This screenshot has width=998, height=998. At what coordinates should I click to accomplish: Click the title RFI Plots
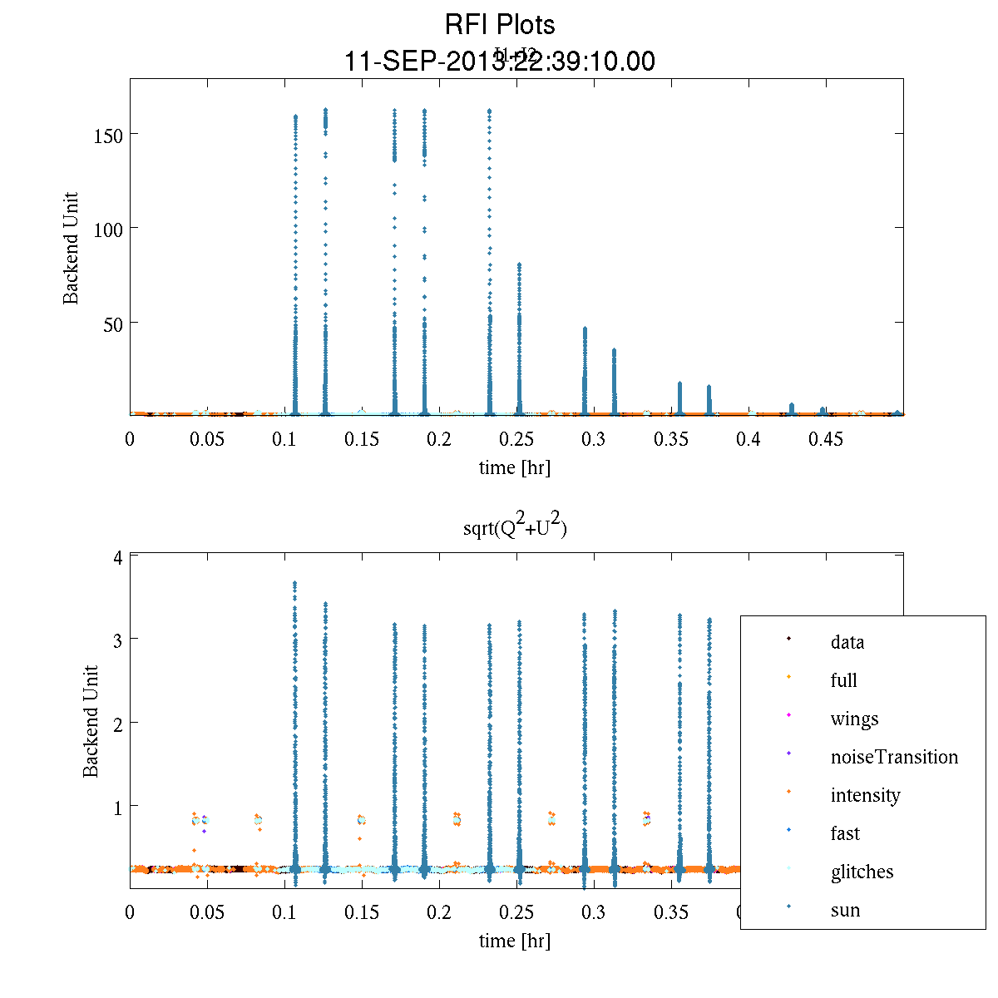click(499, 24)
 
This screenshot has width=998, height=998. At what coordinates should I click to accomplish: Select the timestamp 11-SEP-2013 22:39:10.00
click(499, 62)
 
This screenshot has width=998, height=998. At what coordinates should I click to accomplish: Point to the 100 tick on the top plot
click(108, 229)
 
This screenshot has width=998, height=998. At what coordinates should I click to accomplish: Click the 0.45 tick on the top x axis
click(826, 439)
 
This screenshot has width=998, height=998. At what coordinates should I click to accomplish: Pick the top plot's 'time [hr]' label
click(514, 467)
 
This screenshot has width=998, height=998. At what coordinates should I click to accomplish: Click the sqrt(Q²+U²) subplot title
click(515, 526)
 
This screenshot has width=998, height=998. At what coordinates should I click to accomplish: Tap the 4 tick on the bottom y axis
click(119, 557)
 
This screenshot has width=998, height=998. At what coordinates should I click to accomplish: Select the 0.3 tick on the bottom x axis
click(594, 912)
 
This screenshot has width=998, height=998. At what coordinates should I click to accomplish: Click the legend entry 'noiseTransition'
click(893, 757)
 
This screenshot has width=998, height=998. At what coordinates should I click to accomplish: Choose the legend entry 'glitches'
click(862, 872)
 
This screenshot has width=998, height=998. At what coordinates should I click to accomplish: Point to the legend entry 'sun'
click(845, 910)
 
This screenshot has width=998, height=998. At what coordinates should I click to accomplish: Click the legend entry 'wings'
click(854, 719)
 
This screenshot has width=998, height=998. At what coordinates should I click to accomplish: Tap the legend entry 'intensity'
click(865, 795)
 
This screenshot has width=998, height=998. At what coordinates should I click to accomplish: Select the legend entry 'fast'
click(845, 833)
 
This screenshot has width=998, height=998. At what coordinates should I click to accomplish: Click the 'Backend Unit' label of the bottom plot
click(91, 721)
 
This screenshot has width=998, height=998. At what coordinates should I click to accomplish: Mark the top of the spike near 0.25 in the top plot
click(519, 264)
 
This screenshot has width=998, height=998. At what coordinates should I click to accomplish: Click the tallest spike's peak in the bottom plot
click(294, 584)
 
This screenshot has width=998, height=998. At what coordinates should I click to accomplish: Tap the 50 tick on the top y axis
click(113, 323)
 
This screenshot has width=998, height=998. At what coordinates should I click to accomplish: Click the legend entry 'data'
click(847, 642)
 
